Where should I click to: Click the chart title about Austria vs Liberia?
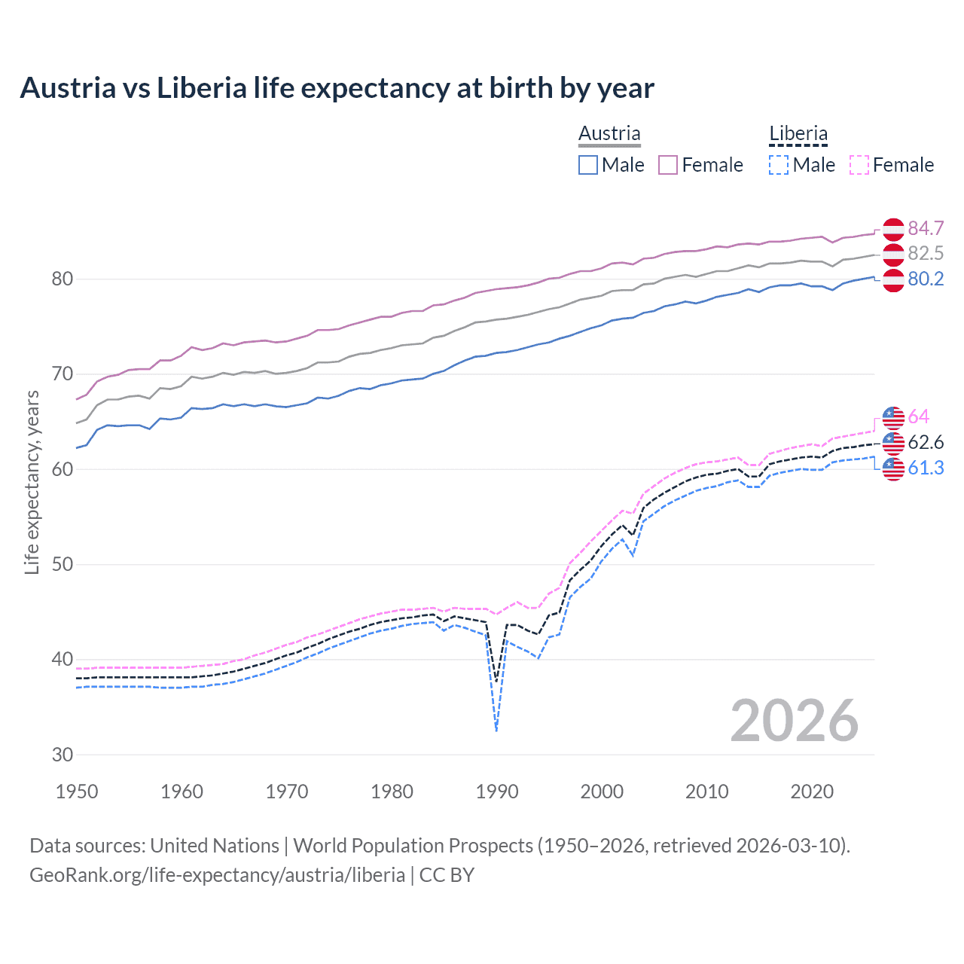click(337, 88)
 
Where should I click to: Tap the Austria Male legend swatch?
click(588, 165)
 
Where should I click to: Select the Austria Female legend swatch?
click(668, 165)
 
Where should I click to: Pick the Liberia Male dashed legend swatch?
click(779, 165)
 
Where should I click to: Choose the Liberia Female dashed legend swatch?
click(859, 165)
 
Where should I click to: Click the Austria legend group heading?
click(609, 133)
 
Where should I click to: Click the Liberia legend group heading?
click(798, 133)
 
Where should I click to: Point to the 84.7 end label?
click(926, 228)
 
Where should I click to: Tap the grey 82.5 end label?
click(926, 254)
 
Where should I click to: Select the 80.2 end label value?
click(926, 279)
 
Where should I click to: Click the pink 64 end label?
click(918, 417)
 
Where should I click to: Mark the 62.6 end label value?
click(926, 443)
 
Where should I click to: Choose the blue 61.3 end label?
click(926, 468)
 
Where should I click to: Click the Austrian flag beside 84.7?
click(893, 229)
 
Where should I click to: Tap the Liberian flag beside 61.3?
click(893, 468)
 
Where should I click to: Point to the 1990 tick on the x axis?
click(497, 792)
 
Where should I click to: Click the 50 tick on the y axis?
click(63, 565)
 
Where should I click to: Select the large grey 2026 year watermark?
click(795, 721)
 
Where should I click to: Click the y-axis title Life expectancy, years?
click(32, 482)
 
